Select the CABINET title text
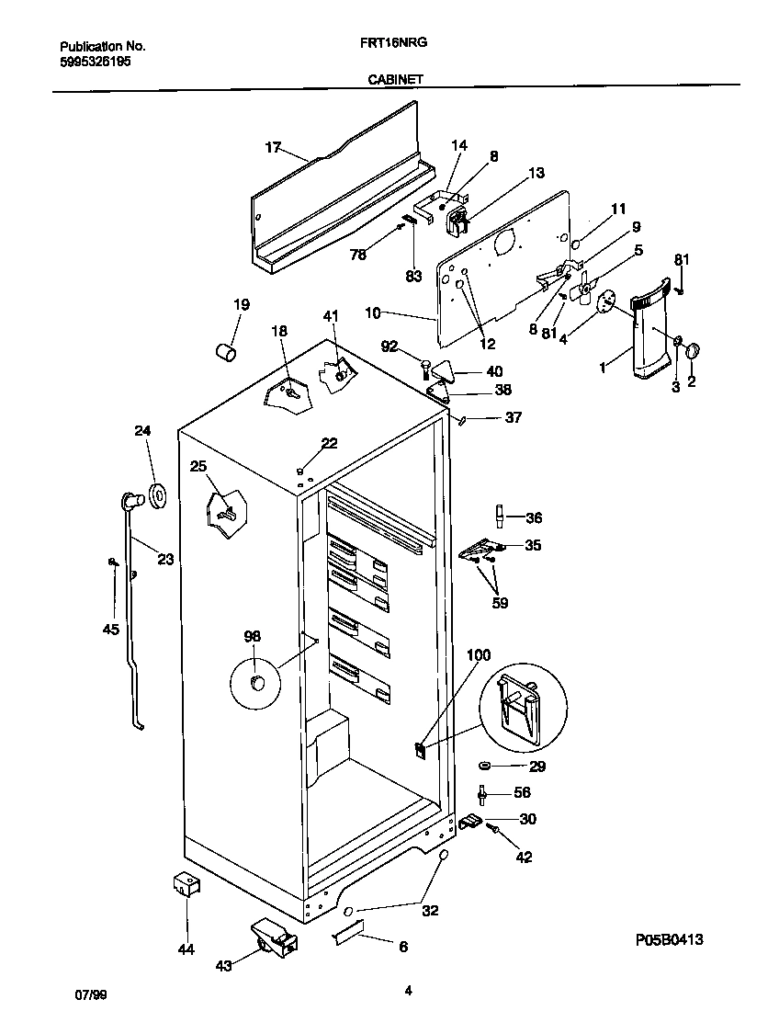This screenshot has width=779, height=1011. (395, 80)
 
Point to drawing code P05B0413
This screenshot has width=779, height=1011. (674, 940)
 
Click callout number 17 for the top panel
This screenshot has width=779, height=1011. (272, 147)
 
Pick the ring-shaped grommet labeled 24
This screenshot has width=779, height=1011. (157, 496)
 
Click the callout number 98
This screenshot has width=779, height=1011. (252, 636)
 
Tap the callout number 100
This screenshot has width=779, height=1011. (479, 655)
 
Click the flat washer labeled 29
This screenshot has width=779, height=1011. (484, 766)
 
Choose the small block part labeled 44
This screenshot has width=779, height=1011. (186, 886)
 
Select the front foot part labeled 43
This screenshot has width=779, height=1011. (274, 939)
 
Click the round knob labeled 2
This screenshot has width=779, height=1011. (692, 350)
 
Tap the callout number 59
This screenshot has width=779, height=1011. (500, 604)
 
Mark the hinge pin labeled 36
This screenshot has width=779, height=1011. (499, 517)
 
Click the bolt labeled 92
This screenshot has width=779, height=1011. (425, 369)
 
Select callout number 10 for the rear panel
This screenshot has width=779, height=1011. (372, 313)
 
